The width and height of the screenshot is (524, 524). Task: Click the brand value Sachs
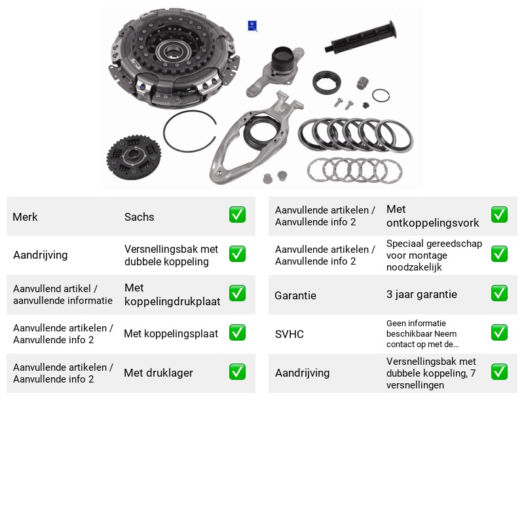click(x=139, y=217)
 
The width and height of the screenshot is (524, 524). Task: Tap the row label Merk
click(x=25, y=217)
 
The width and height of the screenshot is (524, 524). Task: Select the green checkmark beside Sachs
click(x=237, y=215)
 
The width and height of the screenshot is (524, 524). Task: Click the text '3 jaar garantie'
click(x=421, y=294)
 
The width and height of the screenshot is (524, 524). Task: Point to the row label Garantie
click(x=295, y=295)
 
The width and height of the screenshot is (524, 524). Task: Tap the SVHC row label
click(x=289, y=334)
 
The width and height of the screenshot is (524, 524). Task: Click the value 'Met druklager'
click(x=159, y=373)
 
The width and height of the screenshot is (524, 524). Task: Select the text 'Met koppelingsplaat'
click(x=171, y=333)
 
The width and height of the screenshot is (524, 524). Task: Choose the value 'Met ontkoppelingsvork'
click(x=432, y=216)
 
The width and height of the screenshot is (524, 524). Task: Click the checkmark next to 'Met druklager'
click(x=237, y=372)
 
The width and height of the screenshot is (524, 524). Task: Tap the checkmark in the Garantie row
click(x=499, y=293)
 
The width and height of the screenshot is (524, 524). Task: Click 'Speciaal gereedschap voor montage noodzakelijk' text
click(x=434, y=255)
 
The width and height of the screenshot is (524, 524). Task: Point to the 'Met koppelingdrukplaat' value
click(x=172, y=294)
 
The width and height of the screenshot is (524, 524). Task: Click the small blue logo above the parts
click(x=252, y=26)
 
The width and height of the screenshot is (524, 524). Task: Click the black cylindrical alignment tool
click(x=361, y=37)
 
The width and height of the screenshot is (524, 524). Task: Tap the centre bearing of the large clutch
click(x=173, y=51)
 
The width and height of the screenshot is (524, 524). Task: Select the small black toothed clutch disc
click(x=134, y=157)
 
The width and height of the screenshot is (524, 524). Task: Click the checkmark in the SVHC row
click(x=499, y=333)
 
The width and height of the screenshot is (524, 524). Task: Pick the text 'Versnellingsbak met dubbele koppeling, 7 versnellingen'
click(x=431, y=373)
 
